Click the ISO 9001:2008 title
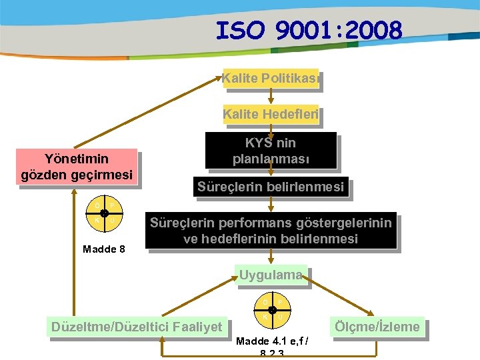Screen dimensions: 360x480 coord(309,31)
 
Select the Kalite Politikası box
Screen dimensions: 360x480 coord(270,79)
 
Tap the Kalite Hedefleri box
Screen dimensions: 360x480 coord(270,115)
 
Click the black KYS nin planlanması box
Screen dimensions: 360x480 coord(271,151)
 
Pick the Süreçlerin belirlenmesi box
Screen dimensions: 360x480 coord(271,187)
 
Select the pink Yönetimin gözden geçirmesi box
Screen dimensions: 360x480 coord(77,167)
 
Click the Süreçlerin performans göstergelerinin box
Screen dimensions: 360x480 coord(271,231)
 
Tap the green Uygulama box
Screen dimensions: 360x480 coord(271,275)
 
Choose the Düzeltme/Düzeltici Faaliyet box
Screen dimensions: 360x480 coord(137,327)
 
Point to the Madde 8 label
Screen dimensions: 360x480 coord(103,249)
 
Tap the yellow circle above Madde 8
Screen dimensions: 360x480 coord(105,213)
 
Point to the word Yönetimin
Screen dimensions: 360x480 coord(76,159)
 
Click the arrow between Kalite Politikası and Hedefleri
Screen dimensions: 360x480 coord(271,97)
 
